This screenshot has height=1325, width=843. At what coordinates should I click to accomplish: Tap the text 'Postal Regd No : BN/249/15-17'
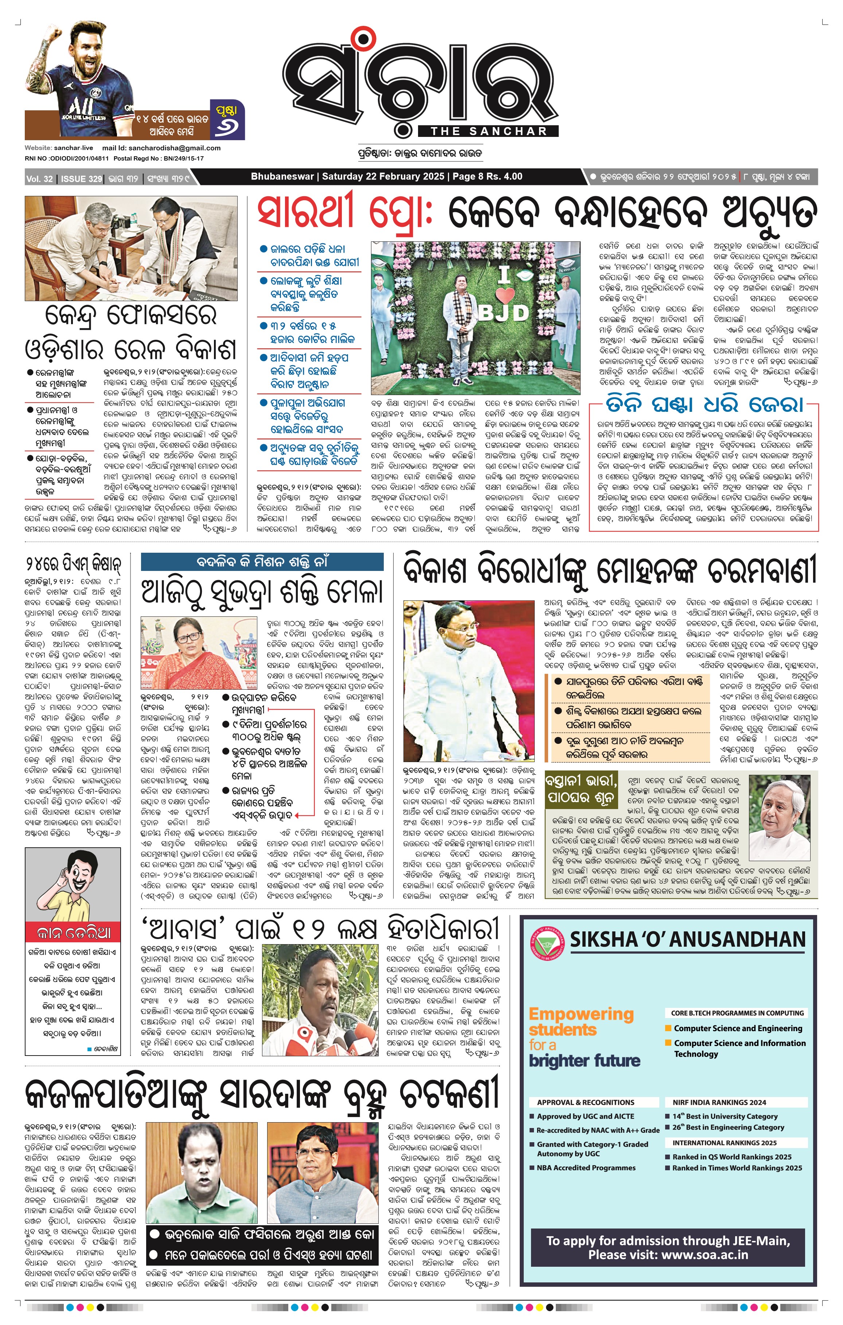tap(159, 158)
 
